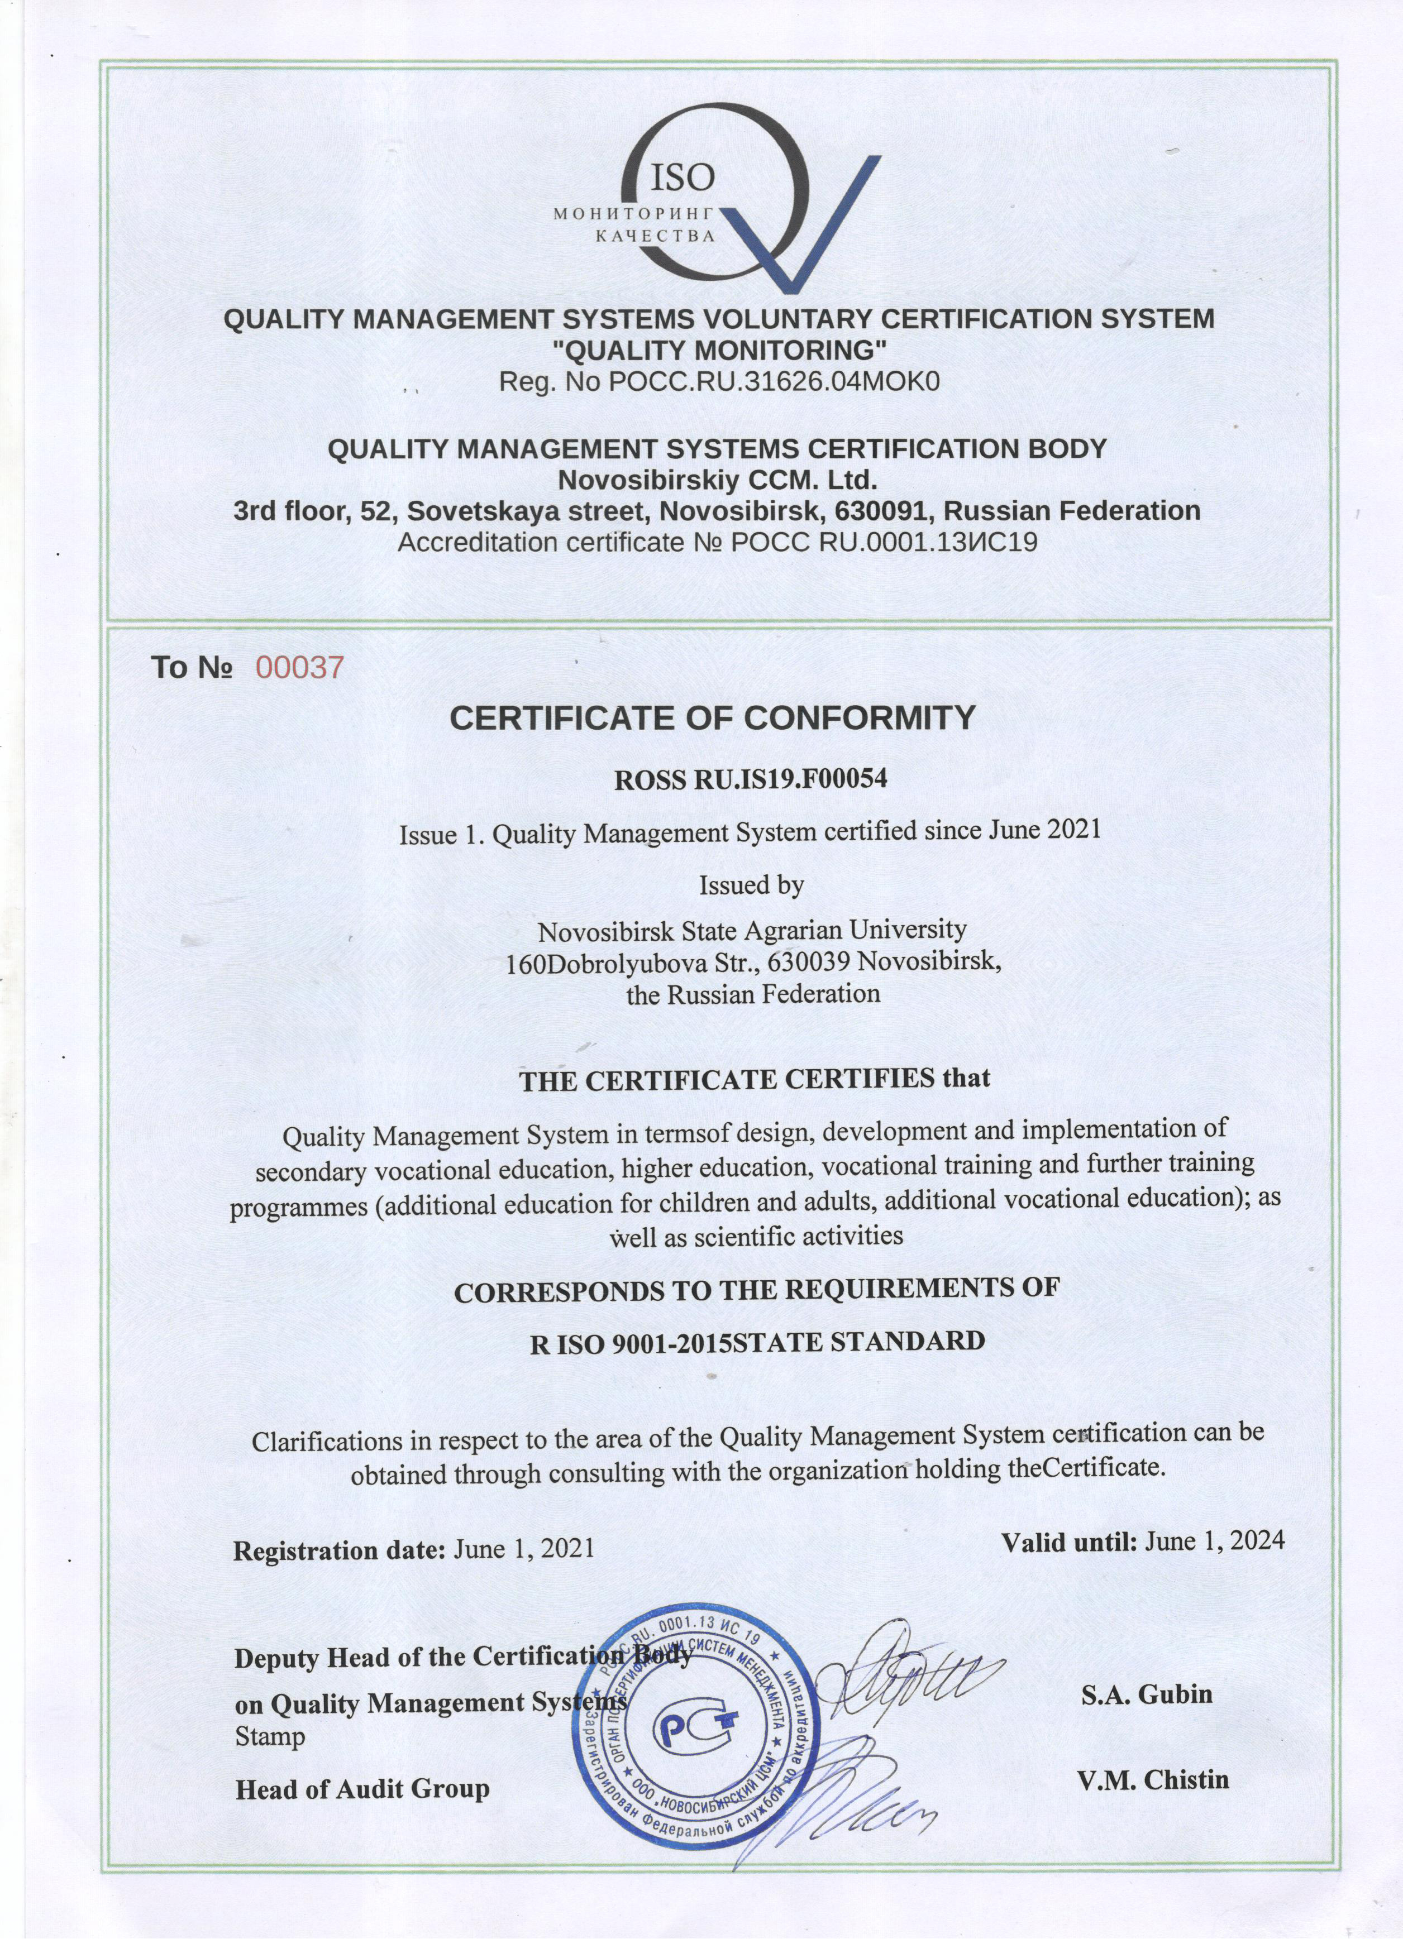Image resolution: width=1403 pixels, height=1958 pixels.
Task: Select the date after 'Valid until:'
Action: (1214, 1541)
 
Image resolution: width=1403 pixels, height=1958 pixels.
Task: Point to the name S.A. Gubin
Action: (1147, 1694)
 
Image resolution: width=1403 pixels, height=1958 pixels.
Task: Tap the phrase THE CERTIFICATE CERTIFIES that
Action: (754, 1079)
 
